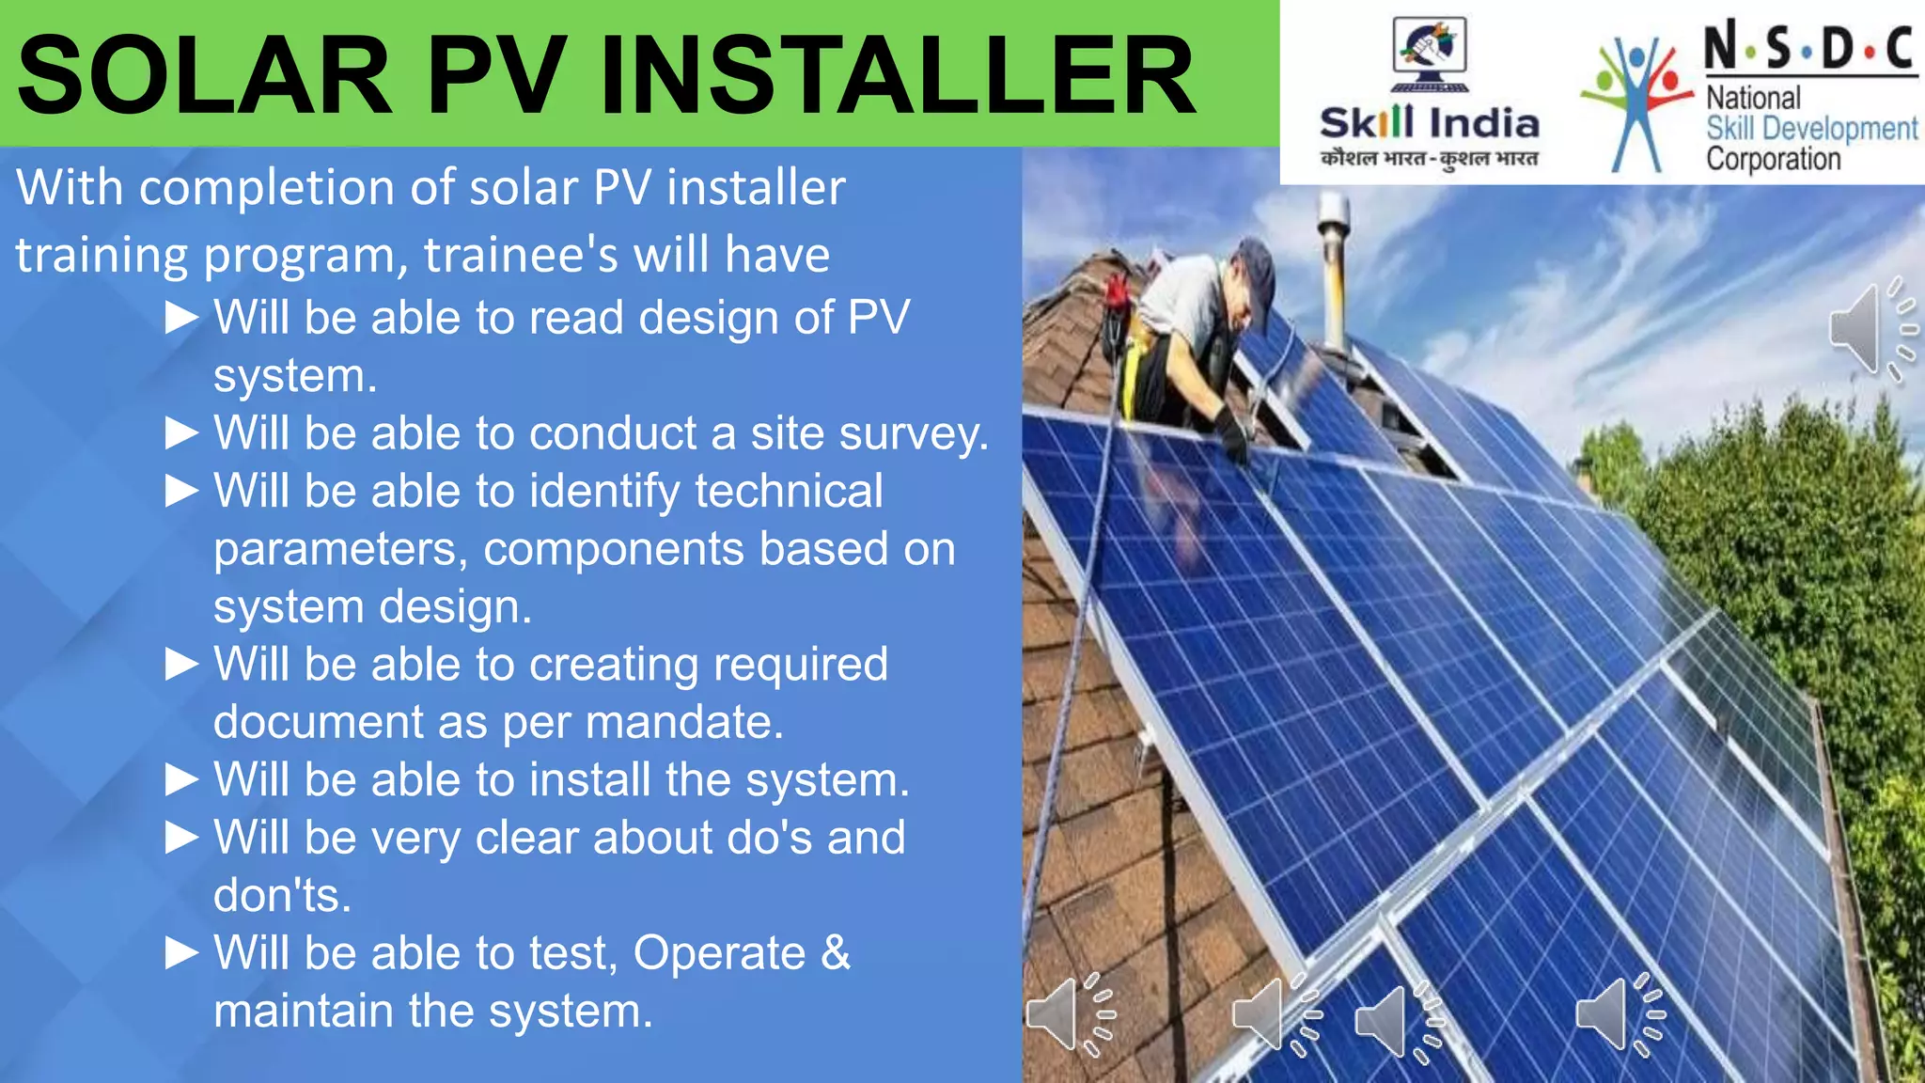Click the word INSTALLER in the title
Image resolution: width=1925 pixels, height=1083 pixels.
coord(898,75)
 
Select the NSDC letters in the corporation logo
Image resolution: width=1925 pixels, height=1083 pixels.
coord(1809,47)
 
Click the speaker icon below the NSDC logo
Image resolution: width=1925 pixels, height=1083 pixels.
coord(1870,329)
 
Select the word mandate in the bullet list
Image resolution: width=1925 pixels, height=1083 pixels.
coord(684,722)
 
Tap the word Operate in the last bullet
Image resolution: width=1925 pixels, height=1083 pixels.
coord(719,953)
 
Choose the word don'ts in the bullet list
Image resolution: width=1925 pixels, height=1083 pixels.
coord(282,895)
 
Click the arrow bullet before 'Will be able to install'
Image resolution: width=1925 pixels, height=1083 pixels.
coord(181,779)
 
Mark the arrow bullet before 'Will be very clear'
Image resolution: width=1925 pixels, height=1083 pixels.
coord(181,837)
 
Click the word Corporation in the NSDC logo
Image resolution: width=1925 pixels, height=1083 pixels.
coord(1773,159)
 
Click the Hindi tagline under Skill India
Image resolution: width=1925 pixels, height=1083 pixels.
coord(1429,158)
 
